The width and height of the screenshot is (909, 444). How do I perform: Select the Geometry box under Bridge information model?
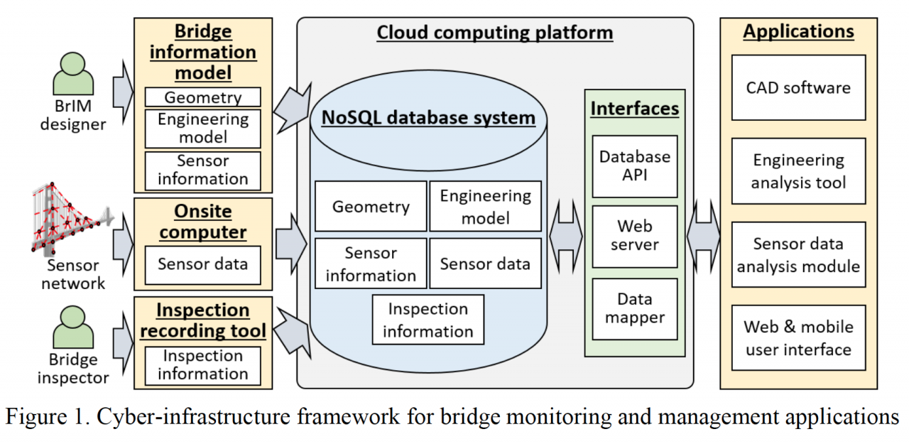203,97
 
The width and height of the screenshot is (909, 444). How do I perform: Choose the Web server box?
634,236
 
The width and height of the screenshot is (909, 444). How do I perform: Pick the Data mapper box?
634,308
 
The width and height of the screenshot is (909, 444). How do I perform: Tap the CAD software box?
798,88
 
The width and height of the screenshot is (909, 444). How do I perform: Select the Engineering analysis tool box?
798,171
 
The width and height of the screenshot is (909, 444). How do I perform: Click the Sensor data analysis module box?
798,255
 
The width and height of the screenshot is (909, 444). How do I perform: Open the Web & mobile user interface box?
798,338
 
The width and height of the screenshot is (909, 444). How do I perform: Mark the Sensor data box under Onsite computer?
203,264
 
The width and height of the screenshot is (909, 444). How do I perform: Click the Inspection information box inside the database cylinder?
428,320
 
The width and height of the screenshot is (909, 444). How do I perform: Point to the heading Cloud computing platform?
494,33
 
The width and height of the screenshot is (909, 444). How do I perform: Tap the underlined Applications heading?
798,32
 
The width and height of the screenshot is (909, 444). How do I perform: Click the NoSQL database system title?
428,118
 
